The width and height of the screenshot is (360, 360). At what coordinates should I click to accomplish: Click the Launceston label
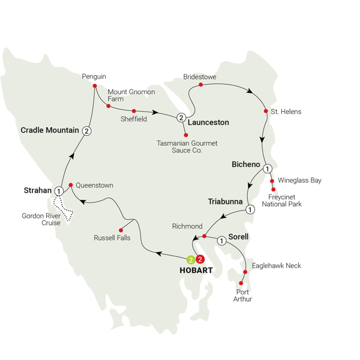(208, 122)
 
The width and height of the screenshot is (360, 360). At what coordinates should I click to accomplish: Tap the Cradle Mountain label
(50, 130)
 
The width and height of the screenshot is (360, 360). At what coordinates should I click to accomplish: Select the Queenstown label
(95, 185)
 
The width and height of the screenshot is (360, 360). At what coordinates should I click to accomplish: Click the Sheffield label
(134, 119)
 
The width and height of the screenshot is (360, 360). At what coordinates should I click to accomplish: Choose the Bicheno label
(246, 164)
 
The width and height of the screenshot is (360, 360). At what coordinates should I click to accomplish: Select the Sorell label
(238, 237)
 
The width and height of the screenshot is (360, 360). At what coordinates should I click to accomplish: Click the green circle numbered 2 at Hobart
(190, 260)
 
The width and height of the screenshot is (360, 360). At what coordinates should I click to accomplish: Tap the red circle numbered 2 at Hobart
(200, 260)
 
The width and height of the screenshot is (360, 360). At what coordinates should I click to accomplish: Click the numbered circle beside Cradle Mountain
(88, 131)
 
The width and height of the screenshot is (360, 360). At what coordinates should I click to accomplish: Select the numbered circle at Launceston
(181, 118)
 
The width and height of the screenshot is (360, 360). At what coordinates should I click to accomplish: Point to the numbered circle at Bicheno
(268, 169)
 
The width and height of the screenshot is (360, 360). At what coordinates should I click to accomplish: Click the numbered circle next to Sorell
(221, 241)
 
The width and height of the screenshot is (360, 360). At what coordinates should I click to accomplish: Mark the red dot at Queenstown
(71, 185)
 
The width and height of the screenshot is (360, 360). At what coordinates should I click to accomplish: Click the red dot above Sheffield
(133, 110)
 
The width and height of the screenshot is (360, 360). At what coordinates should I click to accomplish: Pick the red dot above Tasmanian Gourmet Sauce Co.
(185, 134)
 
